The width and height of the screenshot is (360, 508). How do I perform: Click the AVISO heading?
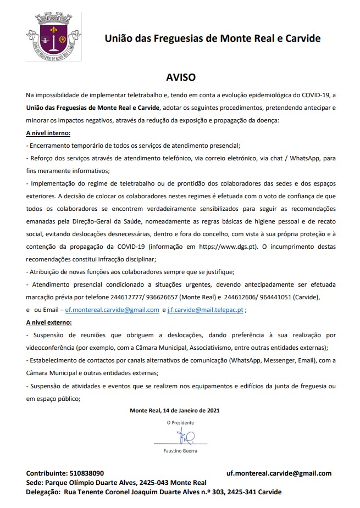(x=181, y=77)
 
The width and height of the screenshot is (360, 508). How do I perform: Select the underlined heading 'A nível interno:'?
(x=48, y=133)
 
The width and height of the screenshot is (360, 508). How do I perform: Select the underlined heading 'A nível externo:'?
(x=49, y=322)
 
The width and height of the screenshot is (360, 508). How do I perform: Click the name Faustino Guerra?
(x=181, y=451)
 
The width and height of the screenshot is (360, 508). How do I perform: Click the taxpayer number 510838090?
(x=87, y=473)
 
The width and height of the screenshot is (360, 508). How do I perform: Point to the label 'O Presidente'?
(x=181, y=423)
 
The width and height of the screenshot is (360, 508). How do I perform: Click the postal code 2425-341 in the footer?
(x=240, y=492)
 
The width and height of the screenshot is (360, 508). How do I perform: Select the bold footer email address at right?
(x=279, y=473)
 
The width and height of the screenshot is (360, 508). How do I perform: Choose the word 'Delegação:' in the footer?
(x=43, y=492)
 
